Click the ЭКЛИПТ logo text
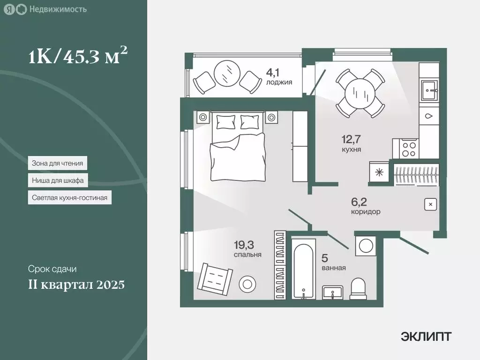coord(426,336)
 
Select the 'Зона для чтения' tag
coord(57,164)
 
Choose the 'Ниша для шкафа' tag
coord(57,180)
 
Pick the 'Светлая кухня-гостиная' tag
coord(69,198)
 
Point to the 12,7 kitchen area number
coord(351,139)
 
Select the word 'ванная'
coord(334,268)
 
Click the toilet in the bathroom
coord(359,288)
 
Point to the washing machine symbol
coord(365,245)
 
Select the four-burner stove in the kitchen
coord(409,149)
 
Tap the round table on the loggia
coord(227,73)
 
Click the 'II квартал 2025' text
coord(76,284)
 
